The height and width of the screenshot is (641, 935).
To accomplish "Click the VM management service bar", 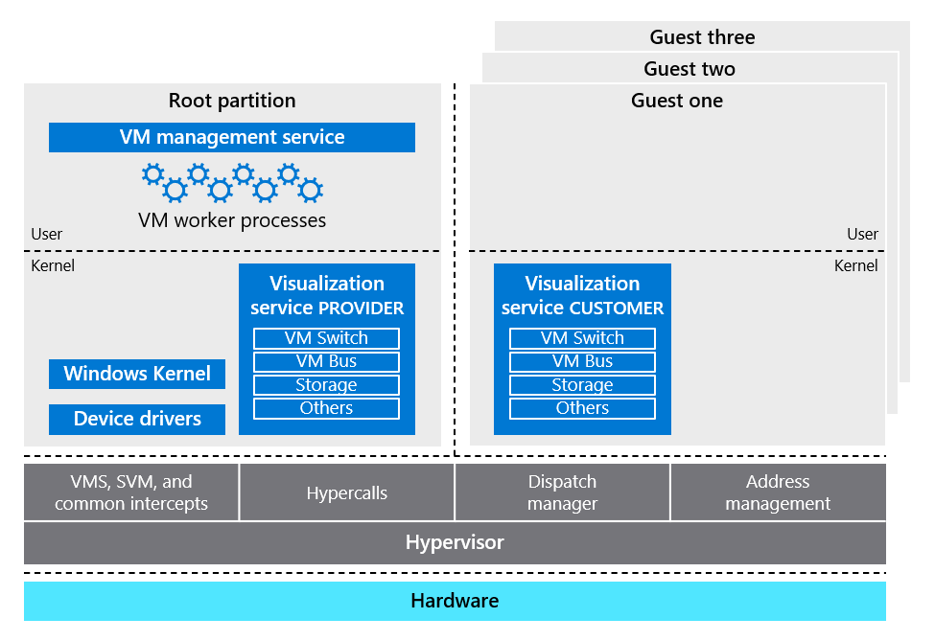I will click(x=232, y=137).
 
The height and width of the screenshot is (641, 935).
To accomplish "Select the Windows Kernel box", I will click(x=137, y=374).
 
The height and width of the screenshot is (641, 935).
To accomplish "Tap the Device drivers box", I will click(x=137, y=419).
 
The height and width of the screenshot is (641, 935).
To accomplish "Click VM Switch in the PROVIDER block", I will click(x=326, y=338).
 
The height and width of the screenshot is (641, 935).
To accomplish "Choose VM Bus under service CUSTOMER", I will click(x=582, y=361).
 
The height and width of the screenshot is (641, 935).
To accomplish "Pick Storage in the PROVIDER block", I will click(x=326, y=385).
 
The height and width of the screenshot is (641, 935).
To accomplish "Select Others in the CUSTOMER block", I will click(x=582, y=408).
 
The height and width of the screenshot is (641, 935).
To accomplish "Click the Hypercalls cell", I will click(x=347, y=493).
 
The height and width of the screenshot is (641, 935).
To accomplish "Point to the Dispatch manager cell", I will click(x=562, y=492).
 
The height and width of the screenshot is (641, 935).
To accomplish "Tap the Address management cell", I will click(x=778, y=492).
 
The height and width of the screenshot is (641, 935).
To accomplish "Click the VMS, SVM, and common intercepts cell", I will click(x=131, y=492).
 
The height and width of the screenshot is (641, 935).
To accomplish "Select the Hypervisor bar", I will click(x=455, y=542).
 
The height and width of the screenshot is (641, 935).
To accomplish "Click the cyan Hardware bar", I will click(x=455, y=601).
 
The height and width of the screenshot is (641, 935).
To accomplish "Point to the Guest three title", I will click(x=702, y=37).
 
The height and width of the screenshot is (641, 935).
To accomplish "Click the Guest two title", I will click(x=690, y=69).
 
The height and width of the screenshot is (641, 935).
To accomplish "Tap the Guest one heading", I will click(x=677, y=101).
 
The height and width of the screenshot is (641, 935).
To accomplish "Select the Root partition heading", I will click(x=232, y=101).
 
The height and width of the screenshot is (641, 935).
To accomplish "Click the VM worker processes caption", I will click(x=232, y=220).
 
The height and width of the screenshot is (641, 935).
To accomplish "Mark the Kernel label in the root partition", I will click(x=53, y=265).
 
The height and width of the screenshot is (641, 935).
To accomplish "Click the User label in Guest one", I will click(x=862, y=234).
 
